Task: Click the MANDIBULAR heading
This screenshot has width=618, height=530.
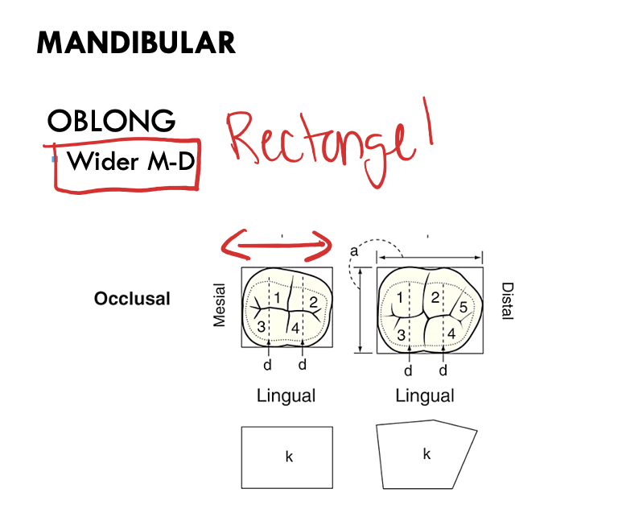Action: click(x=136, y=43)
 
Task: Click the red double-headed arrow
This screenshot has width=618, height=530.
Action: click(x=277, y=241)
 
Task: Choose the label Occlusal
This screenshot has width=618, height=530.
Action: click(x=132, y=299)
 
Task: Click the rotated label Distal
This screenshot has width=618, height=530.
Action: click(x=507, y=300)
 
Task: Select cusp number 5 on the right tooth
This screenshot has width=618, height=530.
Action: click(x=463, y=307)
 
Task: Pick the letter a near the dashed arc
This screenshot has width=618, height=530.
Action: click(x=353, y=253)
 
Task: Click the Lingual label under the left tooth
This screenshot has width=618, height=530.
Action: click(x=286, y=395)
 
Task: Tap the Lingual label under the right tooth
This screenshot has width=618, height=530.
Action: click(x=424, y=395)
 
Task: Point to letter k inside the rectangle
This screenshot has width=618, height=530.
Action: click(x=288, y=457)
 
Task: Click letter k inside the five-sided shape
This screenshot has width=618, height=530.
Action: click(x=426, y=453)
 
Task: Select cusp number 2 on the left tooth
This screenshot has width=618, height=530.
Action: click(x=312, y=302)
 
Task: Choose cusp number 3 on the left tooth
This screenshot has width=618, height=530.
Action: click(x=261, y=327)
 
